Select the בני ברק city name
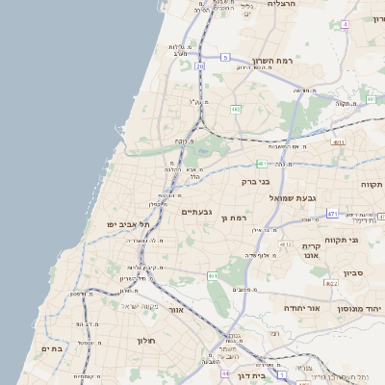[x=253, y=180]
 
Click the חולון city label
[x=145, y=340]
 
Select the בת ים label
[x=52, y=348]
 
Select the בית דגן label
[x=249, y=377]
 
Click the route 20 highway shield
[x=199, y=66]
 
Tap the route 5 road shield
[x=224, y=58]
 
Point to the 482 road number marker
[x=236, y=110]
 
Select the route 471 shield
[x=332, y=214]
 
